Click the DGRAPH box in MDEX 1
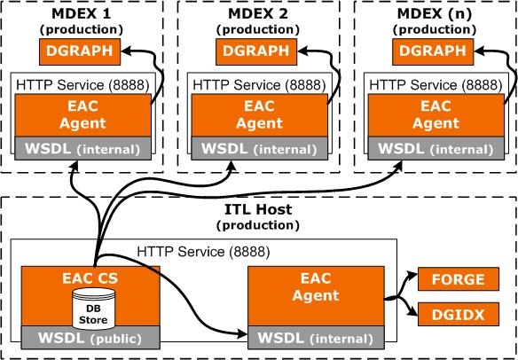[80, 51]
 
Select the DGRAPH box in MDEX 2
[256, 51]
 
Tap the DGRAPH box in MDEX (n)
[433, 51]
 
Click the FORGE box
[459, 279]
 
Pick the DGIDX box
[459, 315]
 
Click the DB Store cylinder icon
[93, 309]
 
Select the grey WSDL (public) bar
[90, 338]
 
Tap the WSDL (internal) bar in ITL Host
[316, 338]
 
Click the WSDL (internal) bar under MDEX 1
[82, 149]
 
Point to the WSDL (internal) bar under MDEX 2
[260, 149]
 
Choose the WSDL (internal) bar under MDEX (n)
[436, 149]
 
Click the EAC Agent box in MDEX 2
[260, 115]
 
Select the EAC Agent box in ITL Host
[316, 296]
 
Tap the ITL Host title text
[258, 210]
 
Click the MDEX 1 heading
[81, 14]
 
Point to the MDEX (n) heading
[435, 14]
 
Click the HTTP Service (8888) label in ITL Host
[203, 253]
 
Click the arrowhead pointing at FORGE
[412, 275]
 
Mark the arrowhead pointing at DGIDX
[413, 312]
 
